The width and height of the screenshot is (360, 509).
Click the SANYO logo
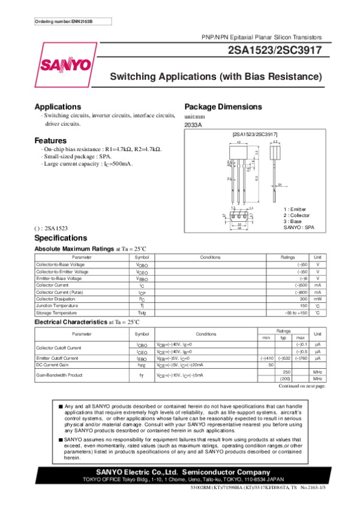click(67, 64)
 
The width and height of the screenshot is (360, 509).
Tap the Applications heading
click(58, 107)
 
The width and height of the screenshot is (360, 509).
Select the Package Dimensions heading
click(223, 107)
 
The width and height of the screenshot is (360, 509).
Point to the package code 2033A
click(193, 125)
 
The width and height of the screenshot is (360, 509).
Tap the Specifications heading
click(61, 238)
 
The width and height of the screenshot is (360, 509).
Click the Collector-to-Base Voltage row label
click(60, 264)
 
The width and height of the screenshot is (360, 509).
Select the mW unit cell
click(318, 299)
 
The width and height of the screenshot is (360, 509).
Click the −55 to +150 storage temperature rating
click(296, 312)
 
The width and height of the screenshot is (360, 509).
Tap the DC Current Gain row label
click(52, 365)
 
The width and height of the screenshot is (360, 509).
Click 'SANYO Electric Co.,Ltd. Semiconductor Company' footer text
click(180, 472)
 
